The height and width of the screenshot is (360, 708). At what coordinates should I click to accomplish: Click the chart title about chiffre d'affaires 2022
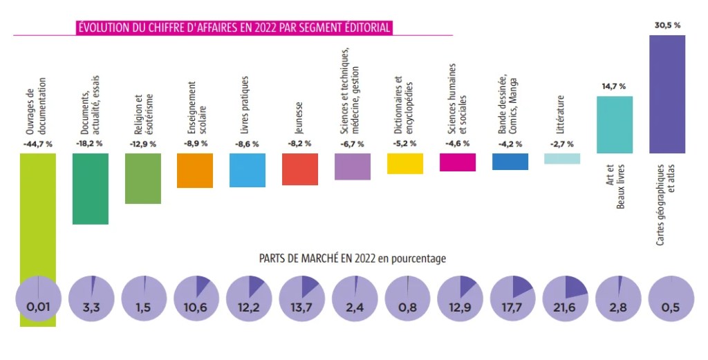234,28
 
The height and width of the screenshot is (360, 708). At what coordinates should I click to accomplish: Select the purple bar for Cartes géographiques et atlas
667,94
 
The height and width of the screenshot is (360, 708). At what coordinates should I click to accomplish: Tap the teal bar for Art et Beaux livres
615,124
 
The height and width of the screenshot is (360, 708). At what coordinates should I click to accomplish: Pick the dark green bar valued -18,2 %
91,189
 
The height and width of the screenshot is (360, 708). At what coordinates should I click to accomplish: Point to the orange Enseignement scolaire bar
195,170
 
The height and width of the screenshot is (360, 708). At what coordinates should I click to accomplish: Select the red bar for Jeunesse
300,169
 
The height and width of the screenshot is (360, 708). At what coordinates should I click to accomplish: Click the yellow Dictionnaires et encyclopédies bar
405,163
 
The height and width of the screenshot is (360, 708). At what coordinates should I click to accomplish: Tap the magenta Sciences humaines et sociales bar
458,162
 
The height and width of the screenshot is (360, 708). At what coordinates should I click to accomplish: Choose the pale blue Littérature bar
562,158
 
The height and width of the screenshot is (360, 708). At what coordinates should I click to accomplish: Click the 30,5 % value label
667,25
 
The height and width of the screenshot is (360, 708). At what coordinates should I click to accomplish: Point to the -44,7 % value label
38,144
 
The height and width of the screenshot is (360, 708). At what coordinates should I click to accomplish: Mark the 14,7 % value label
614,86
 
